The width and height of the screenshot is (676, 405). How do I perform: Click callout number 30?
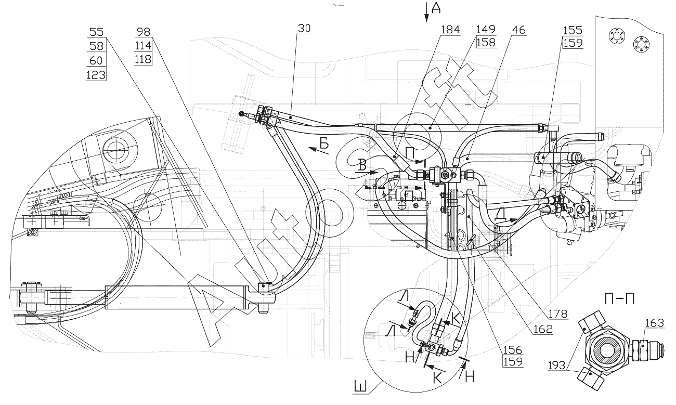[304, 29]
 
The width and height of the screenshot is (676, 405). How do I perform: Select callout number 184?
[450, 30]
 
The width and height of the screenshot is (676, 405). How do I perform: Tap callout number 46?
[519, 30]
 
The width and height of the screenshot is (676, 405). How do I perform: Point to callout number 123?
[96, 75]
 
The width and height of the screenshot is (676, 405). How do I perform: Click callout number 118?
[143, 59]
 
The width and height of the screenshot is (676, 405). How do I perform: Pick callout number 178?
[558, 314]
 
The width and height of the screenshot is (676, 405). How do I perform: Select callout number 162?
[543, 329]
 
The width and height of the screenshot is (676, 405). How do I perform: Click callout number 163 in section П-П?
[655, 323]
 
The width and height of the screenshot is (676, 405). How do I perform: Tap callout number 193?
[557, 365]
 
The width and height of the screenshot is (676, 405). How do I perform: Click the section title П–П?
[619, 299]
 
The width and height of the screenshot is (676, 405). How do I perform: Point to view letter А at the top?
[436, 8]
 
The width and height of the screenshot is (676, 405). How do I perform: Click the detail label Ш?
[360, 387]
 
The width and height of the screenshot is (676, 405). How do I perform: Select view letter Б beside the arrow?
[324, 144]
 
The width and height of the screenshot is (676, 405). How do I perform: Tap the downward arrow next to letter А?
[426, 12]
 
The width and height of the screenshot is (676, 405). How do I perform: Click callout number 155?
[573, 31]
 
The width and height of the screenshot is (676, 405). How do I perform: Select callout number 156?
[513, 350]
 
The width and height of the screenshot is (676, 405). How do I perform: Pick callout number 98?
[144, 31]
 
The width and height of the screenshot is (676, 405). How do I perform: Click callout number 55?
[97, 32]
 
